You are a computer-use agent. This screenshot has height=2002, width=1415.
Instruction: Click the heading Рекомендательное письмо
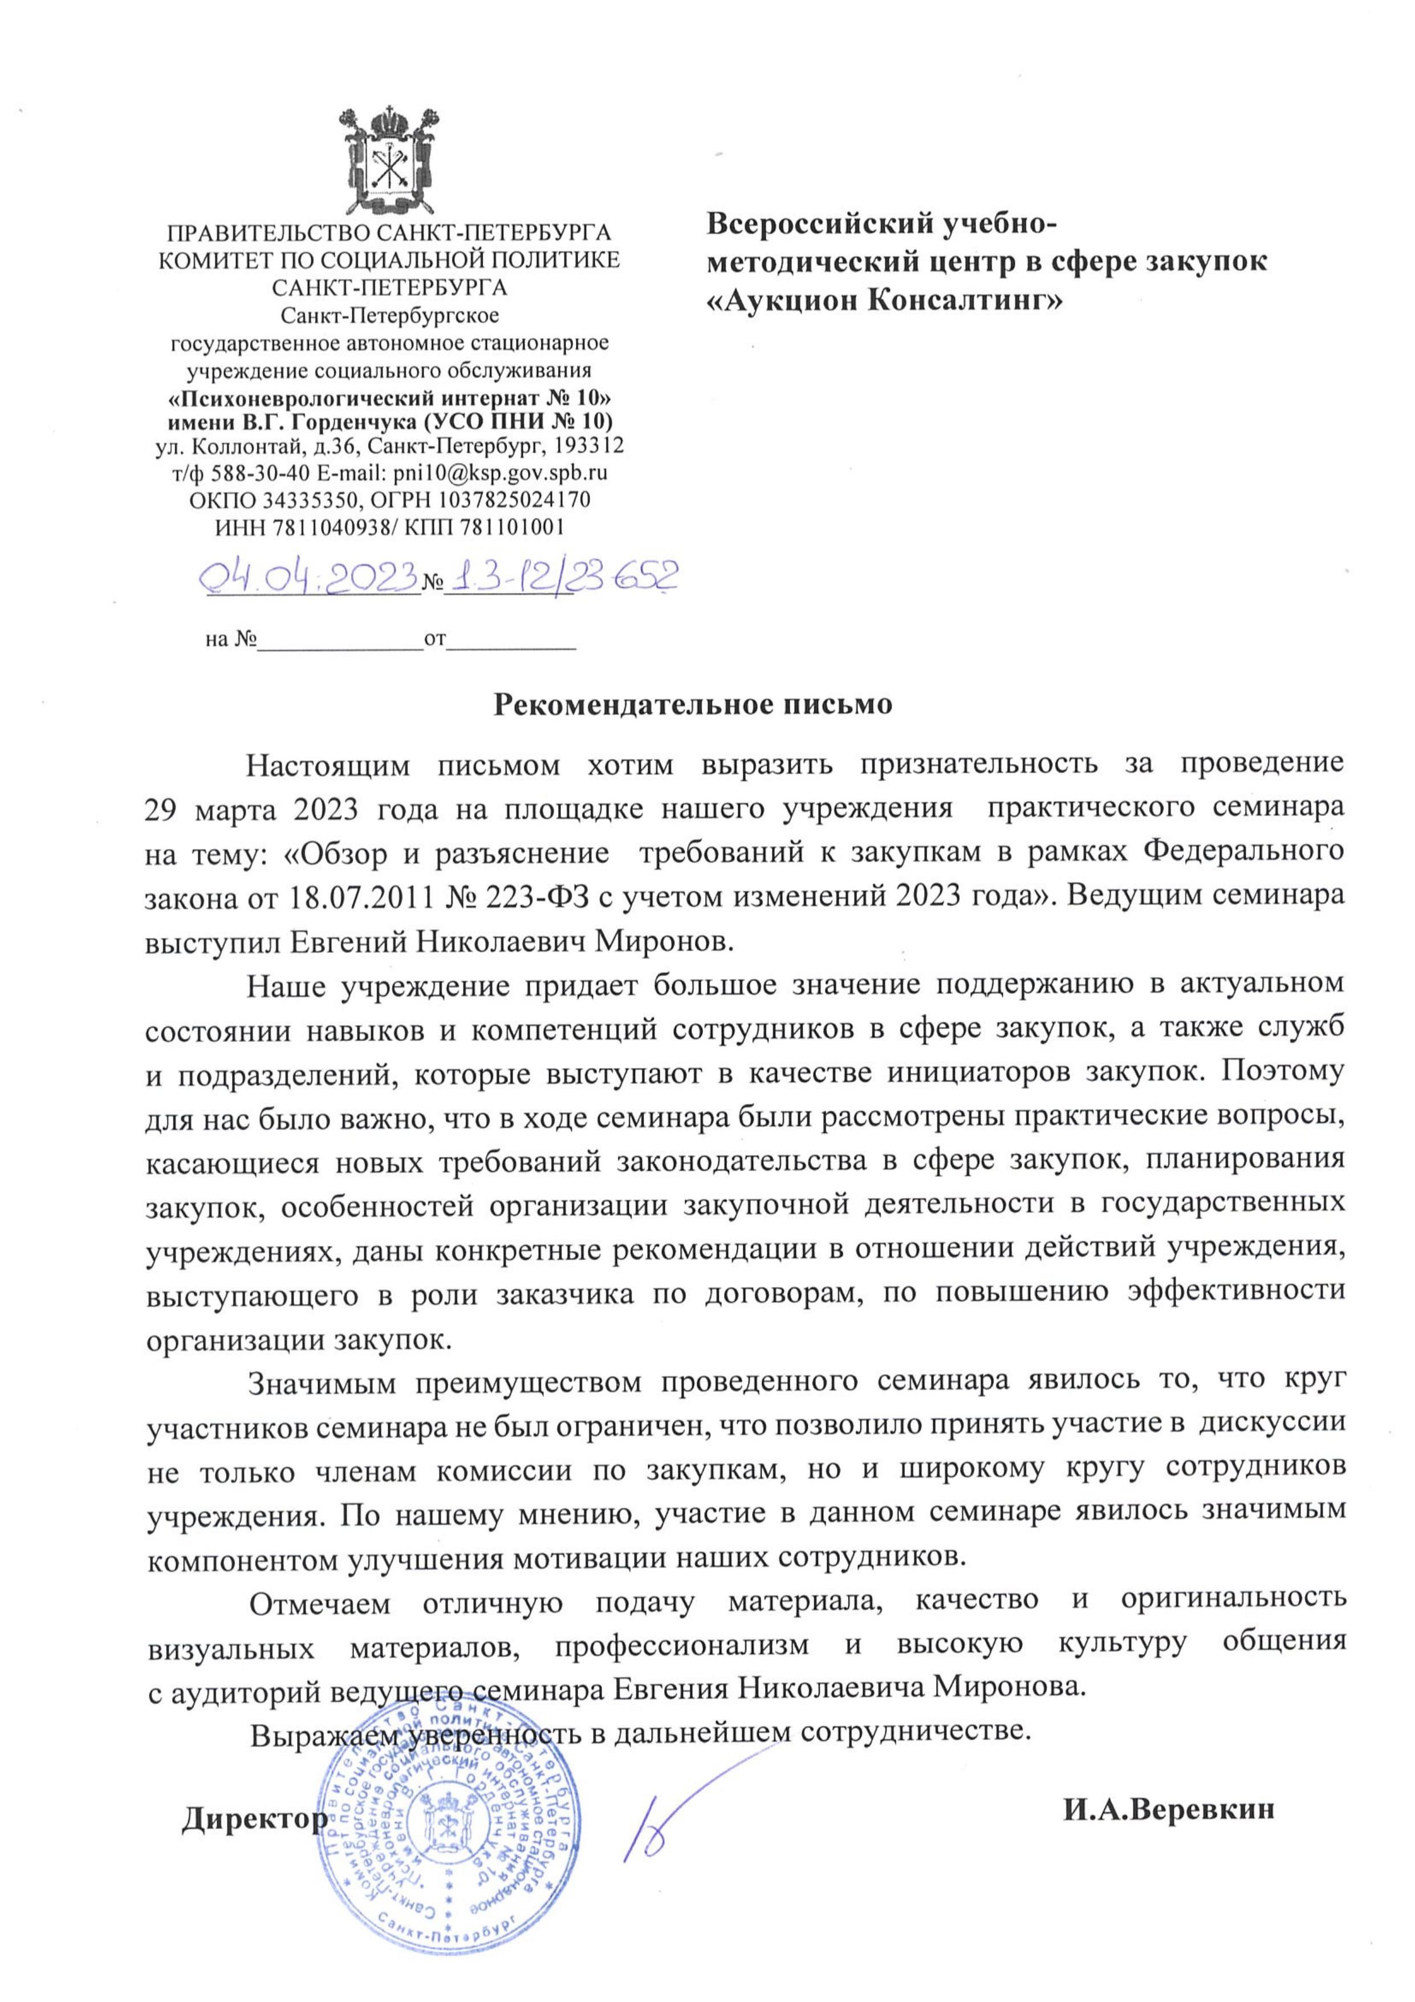pos(693,705)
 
